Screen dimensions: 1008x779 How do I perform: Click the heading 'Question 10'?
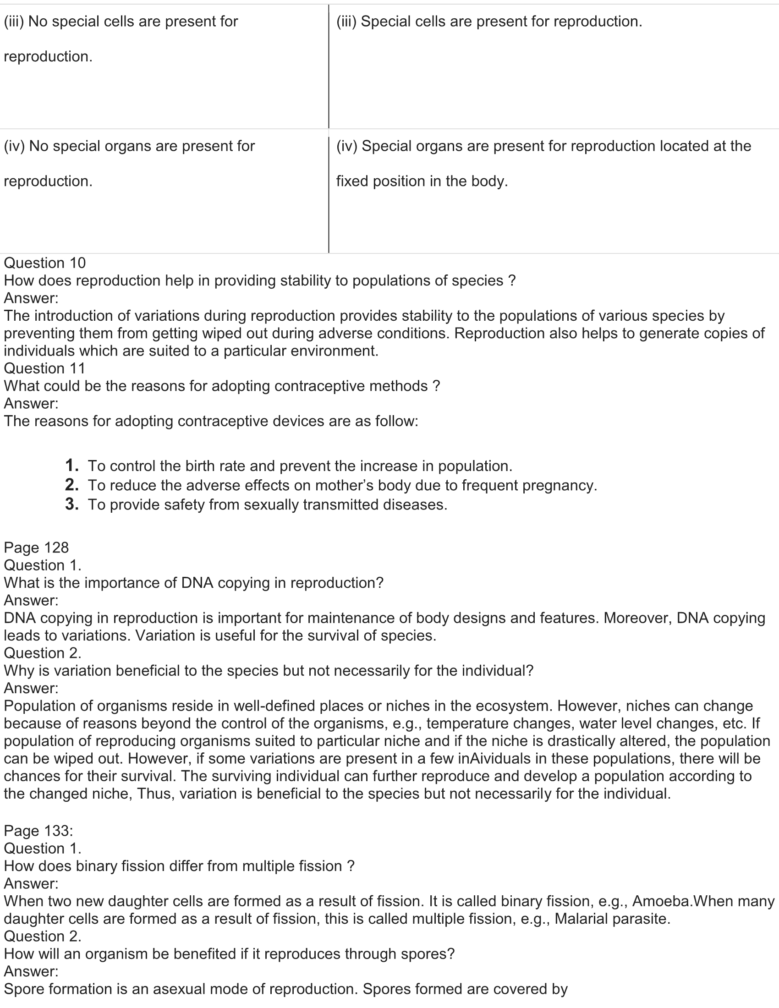point(45,263)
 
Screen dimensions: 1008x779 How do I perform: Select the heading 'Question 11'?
point(45,368)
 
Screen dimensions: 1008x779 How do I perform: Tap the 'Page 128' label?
point(37,548)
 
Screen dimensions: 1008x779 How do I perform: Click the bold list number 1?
point(71,465)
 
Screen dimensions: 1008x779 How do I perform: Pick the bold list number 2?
point(71,485)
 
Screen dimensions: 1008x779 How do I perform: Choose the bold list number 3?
point(71,504)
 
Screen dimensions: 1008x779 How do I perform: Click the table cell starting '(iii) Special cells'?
point(489,21)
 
